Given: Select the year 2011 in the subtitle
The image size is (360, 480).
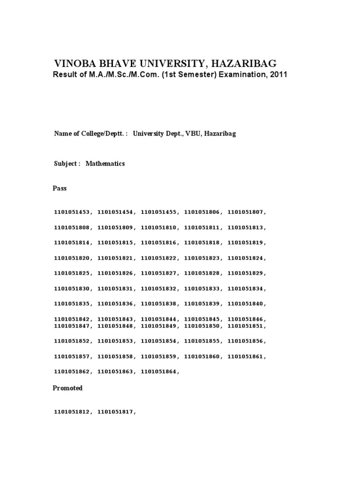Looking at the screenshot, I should pos(277,75).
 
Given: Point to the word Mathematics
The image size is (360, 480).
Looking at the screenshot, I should pos(105,164).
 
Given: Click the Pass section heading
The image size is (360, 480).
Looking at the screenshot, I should pos(60,188).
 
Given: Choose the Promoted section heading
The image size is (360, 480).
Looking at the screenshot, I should pos(67,388).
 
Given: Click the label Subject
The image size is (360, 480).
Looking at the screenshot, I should pos(66,164).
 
